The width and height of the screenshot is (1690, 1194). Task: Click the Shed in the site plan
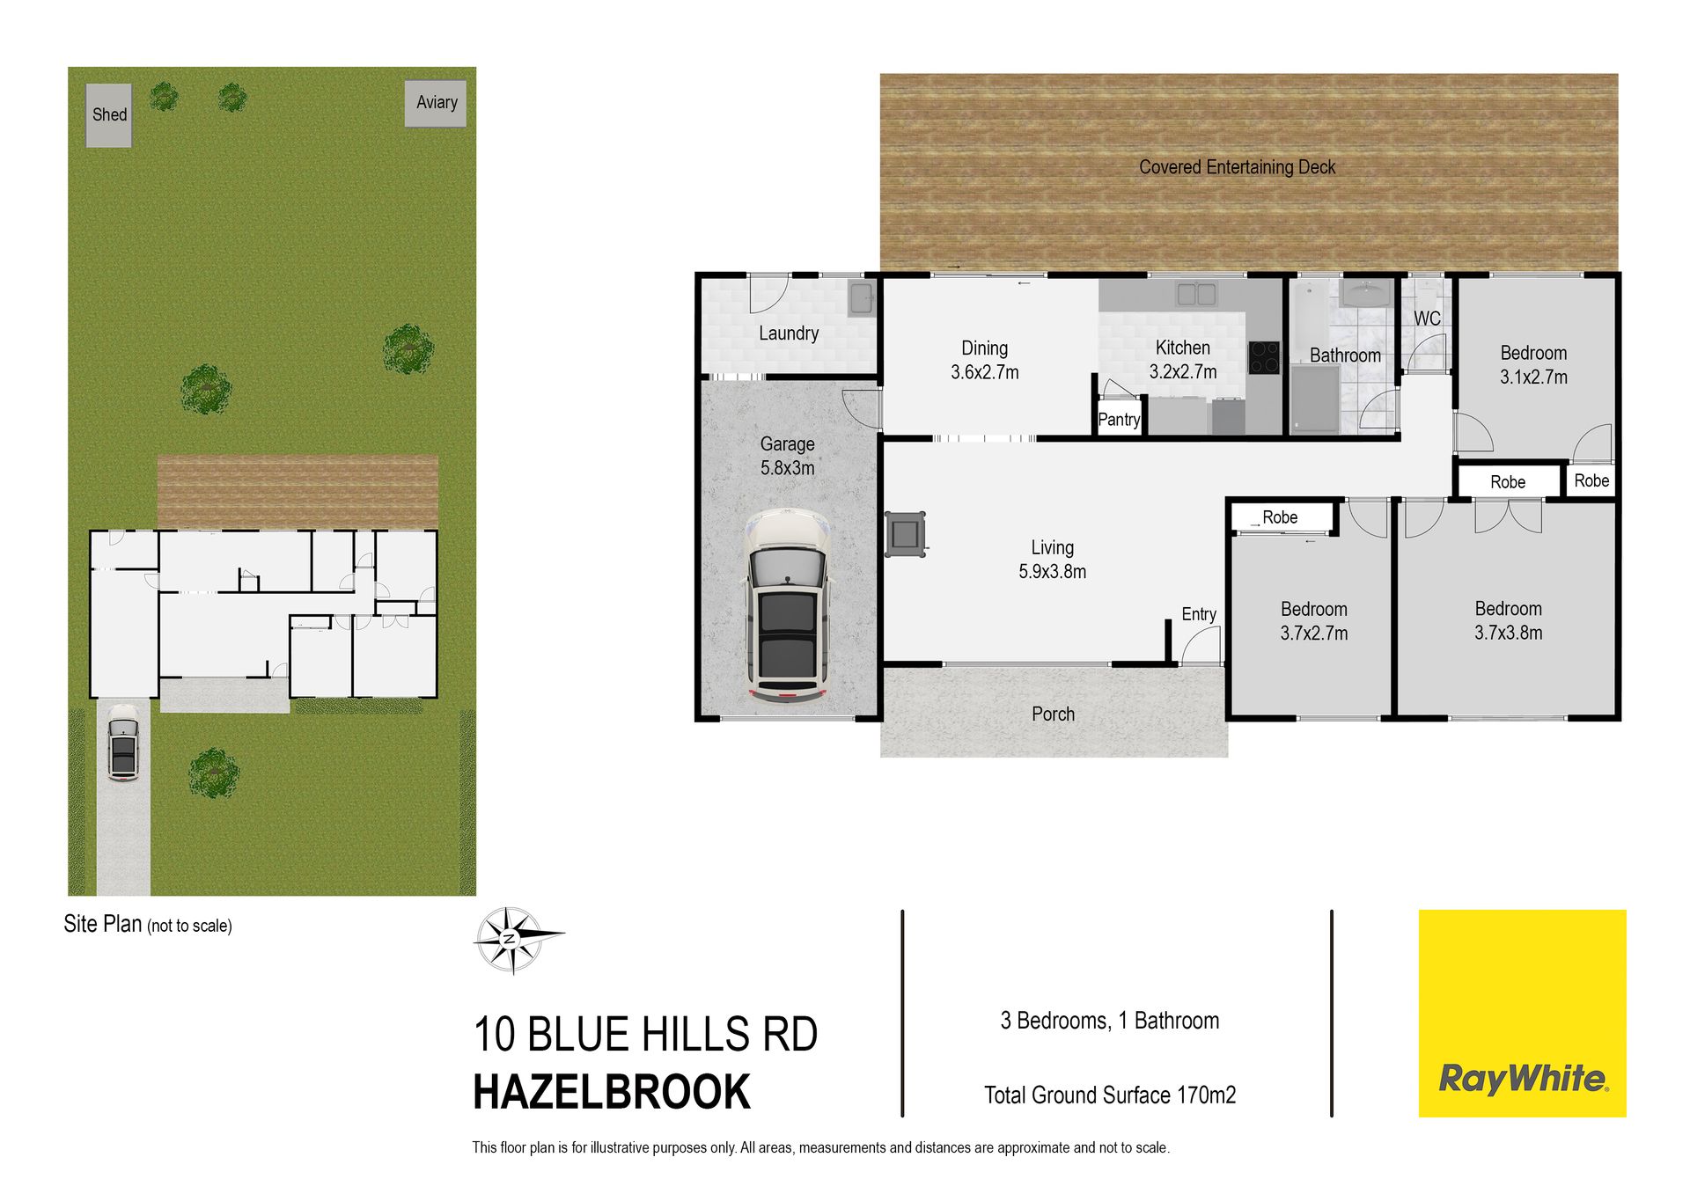click(x=109, y=115)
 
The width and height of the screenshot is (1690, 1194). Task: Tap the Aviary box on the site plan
click(x=436, y=104)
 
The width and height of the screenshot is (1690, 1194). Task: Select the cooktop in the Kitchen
click(x=1264, y=357)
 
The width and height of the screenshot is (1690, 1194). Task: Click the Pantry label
click(x=1119, y=420)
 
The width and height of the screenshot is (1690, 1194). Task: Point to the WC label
click(x=1427, y=319)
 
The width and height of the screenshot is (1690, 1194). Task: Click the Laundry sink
click(x=861, y=298)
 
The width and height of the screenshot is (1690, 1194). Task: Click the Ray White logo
click(x=1523, y=1014)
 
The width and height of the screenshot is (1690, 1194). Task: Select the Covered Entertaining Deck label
click(x=1237, y=167)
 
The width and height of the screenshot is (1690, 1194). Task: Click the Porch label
click(x=1053, y=714)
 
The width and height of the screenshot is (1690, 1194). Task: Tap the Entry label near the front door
click(x=1199, y=614)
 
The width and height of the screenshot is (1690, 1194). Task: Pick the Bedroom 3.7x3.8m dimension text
click(x=1509, y=633)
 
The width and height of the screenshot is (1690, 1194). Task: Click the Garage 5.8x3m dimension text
click(x=787, y=468)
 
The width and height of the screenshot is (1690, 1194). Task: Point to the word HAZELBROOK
click(x=612, y=1092)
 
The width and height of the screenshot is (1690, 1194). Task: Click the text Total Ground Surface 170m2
click(x=1110, y=1095)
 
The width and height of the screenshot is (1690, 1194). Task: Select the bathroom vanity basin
click(x=1365, y=293)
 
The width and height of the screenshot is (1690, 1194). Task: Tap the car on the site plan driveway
click(x=123, y=750)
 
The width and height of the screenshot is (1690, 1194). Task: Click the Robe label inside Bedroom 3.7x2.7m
click(x=1280, y=517)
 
